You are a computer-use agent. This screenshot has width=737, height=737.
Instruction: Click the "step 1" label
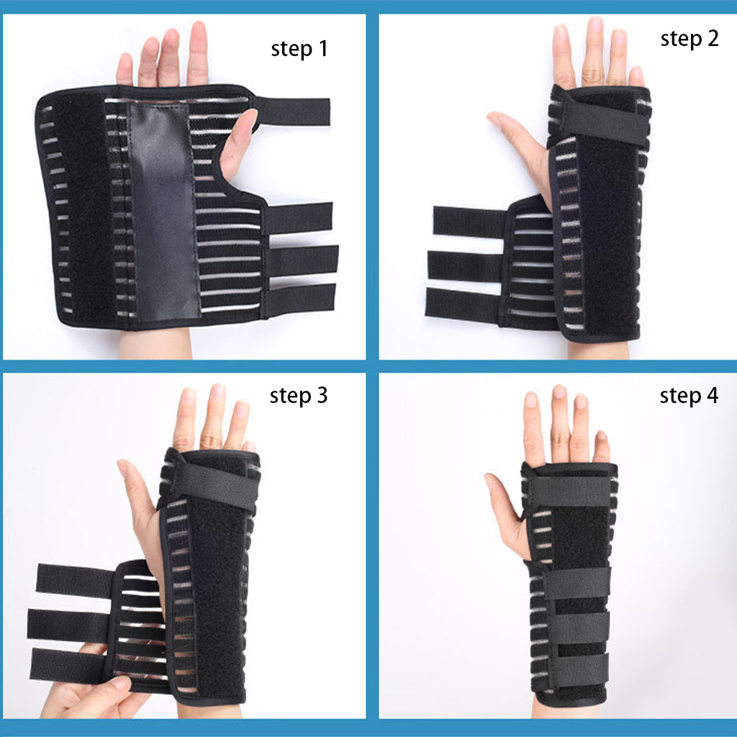coord(299,49)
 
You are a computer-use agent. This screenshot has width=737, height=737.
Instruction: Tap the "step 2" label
coord(689,39)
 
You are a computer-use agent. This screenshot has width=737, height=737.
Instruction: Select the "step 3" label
coord(298,395)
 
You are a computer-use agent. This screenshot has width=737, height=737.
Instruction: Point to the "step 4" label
coord(689,396)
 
